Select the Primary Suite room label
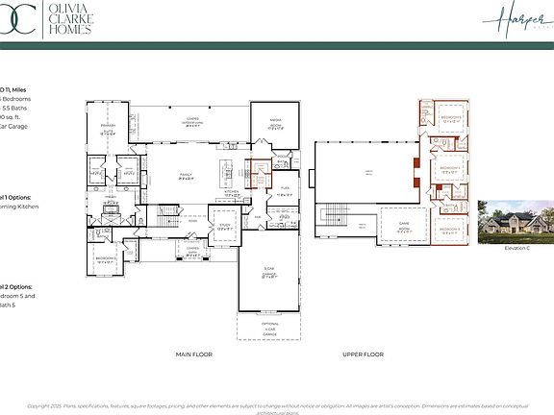(109, 126)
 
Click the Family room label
(188, 177)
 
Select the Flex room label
(284, 193)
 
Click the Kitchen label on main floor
(232, 192)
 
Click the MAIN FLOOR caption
(195, 354)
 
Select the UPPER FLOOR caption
(364, 354)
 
